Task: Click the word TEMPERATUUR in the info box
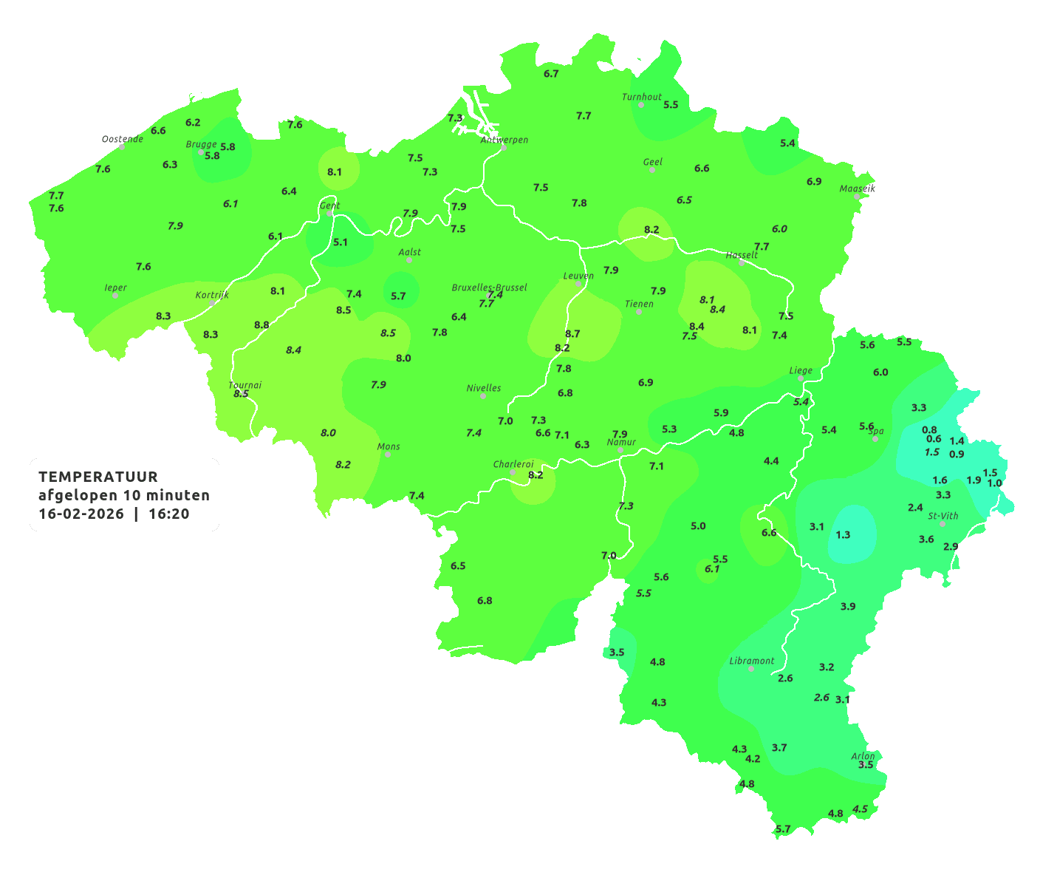(x=98, y=477)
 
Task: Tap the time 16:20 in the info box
(x=169, y=514)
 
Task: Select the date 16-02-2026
(x=81, y=514)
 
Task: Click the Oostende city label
(x=122, y=139)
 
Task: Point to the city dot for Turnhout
(x=641, y=105)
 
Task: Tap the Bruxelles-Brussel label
(x=489, y=287)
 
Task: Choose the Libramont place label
(x=752, y=661)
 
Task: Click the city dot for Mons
(x=388, y=455)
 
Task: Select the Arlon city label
(x=863, y=756)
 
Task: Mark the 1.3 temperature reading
(x=843, y=534)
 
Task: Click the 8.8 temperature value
(x=261, y=324)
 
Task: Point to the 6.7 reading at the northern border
(x=551, y=73)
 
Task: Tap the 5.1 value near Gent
(x=340, y=242)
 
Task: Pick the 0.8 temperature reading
(x=929, y=429)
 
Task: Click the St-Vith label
(x=943, y=516)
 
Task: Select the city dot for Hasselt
(x=742, y=262)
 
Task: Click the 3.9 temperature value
(x=848, y=606)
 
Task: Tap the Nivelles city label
(x=484, y=388)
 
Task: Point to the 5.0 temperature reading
(x=698, y=525)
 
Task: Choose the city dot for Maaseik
(x=857, y=197)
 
